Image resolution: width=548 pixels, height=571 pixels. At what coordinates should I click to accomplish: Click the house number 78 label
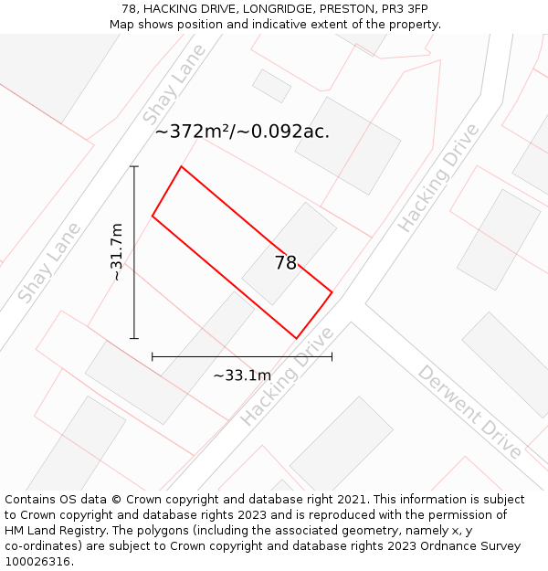tap(286, 263)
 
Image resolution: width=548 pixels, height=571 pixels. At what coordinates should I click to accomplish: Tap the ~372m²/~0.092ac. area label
tap(242, 132)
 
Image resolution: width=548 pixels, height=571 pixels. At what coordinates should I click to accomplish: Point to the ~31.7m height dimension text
tap(116, 252)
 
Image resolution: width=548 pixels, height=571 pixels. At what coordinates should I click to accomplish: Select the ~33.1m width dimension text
tap(242, 375)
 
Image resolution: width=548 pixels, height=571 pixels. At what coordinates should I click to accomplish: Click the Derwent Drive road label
tap(469, 412)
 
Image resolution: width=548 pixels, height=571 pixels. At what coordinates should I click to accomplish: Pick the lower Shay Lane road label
tap(49, 262)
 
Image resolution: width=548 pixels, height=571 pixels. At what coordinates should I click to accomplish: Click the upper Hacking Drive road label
tap(438, 177)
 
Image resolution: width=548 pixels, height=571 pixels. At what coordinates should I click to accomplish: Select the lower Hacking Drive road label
tap(287, 376)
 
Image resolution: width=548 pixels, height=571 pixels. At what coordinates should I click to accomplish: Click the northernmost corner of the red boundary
tap(182, 166)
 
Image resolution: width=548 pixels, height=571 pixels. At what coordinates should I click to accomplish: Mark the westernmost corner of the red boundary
tap(153, 217)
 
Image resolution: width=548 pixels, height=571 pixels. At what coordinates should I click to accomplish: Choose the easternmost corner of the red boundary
tap(332, 292)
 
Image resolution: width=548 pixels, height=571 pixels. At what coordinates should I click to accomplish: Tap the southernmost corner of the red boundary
tap(297, 338)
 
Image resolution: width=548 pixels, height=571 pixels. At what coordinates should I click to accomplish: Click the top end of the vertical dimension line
tap(134, 166)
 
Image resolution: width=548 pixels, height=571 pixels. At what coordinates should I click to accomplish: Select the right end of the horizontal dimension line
tap(332, 356)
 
